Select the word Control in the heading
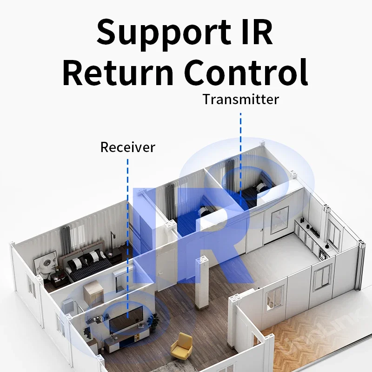[247, 73]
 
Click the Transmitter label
[240, 99]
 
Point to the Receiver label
[127, 147]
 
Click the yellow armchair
[181, 346]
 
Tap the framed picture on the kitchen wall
[280, 218]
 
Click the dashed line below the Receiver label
[127, 232]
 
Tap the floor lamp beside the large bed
[111, 242]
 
